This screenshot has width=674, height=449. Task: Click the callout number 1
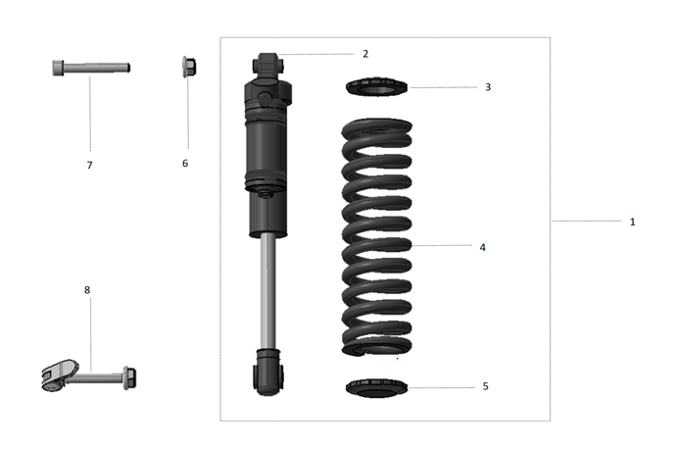[632, 222]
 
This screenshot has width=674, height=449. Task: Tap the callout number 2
[364, 54]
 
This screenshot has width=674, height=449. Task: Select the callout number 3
[487, 87]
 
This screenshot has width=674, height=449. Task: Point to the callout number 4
[482, 247]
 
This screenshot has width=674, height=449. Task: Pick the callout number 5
[485, 387]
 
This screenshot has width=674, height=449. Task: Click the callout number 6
[185, 163]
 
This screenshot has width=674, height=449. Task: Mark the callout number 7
[89, 165]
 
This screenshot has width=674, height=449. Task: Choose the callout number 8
[87, 290]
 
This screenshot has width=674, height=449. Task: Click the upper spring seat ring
[377, 89]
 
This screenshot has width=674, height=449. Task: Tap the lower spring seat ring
[377, 389]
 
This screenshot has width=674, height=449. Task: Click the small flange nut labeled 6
[189, 67]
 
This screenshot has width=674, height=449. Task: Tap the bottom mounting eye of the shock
[268, 372]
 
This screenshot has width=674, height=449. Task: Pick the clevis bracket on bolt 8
[61, 374]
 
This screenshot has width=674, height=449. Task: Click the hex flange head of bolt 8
[128, 376]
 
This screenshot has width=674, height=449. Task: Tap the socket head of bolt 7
[59, 69]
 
